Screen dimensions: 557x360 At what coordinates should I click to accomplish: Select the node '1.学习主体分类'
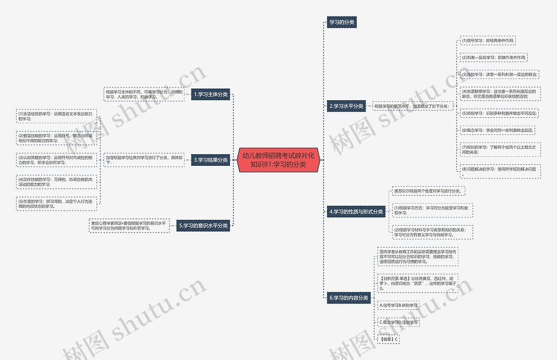point(211,94)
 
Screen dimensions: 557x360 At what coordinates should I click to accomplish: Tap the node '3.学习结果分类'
point(211,159)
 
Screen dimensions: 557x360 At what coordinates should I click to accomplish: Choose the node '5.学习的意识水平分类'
point(204,226)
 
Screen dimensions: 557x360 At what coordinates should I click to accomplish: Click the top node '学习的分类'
point(341,22)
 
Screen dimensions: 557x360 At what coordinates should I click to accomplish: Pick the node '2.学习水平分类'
point(346,106)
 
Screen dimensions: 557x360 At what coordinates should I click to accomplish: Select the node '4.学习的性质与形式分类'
point(356,212)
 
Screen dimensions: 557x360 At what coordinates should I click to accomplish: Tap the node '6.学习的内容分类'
point(349,298)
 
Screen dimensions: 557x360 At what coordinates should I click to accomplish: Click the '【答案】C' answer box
point(388,339)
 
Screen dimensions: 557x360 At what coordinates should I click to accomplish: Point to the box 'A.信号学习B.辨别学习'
point(398,305)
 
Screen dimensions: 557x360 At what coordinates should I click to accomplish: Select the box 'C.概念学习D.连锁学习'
point(398,322)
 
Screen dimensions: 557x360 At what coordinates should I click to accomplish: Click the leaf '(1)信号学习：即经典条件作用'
point(488,41)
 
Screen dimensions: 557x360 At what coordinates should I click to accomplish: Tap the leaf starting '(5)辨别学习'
point(499,113)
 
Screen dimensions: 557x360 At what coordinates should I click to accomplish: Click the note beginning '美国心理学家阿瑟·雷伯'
point(128,226)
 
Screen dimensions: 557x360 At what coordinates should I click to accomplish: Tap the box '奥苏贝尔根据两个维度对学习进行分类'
point(429,190)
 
